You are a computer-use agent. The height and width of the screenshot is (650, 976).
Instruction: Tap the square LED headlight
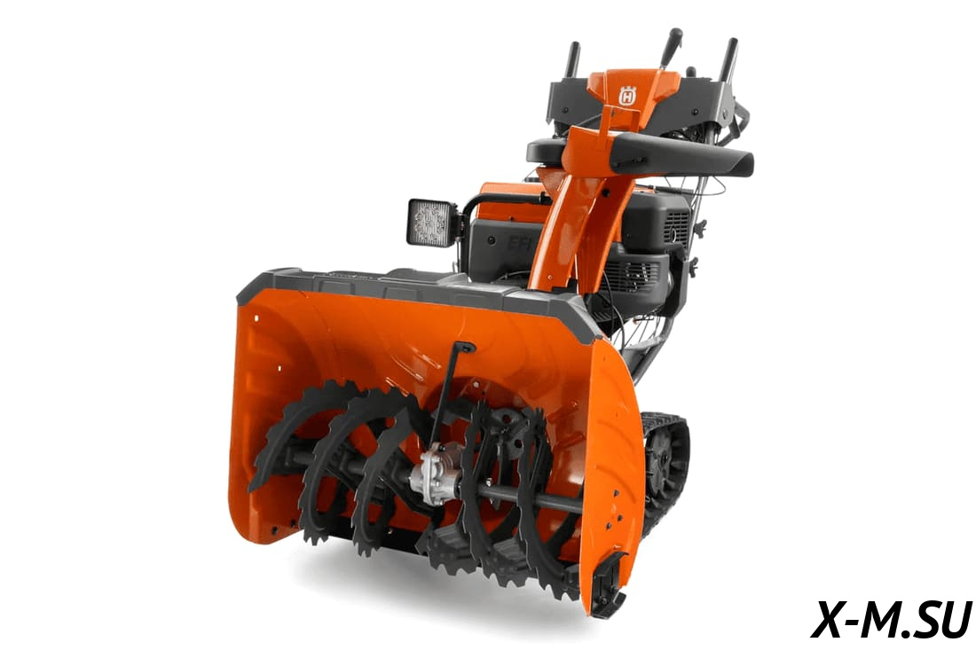(x=432, y=221)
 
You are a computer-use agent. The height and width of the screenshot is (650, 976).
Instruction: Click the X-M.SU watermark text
(x=891, y=619)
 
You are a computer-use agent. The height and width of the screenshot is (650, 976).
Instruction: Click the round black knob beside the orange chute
(x=542, y=152)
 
